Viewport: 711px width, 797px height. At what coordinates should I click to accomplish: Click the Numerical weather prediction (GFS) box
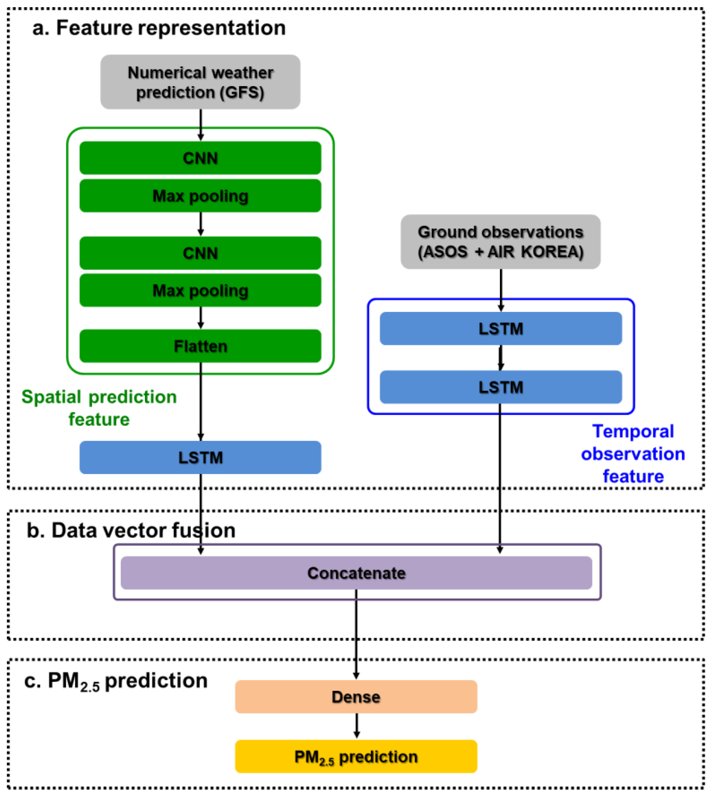(x=200, y=82)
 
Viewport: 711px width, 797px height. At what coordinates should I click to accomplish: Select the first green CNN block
(x=200, y=158)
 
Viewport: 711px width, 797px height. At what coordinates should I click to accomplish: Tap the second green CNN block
(x=200, y=253)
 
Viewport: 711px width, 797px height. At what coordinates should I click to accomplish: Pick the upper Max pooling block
(x=200, y=196)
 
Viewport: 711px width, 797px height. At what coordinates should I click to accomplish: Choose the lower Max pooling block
(x=200, y=290)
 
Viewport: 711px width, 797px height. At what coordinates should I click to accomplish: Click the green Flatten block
(x=200, y=346)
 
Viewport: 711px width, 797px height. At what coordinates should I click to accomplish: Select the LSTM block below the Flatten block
(x=200, y=457)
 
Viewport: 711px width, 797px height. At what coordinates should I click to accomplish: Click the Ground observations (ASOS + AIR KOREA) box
(x=501, y=242)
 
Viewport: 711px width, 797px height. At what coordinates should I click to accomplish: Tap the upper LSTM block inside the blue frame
(x=501, y=328)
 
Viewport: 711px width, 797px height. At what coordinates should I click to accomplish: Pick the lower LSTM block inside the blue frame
(x=501, y=387)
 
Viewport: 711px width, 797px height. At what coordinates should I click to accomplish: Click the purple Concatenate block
(x=356, y=573)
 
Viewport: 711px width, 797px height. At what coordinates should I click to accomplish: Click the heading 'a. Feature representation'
(x=159, y=28)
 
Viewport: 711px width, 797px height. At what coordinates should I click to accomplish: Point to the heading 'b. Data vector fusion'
(x=131, y=530)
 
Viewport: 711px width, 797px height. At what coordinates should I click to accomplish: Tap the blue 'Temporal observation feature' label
(x=633, y=454)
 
